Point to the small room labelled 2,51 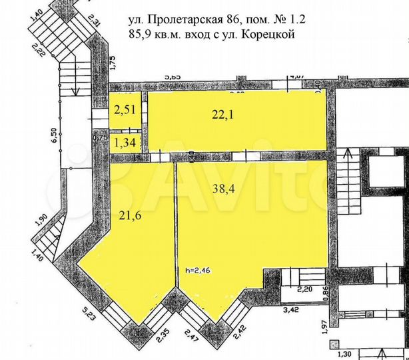coord(125,111)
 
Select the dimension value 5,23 coord(88,311)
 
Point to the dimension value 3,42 coord(292,310)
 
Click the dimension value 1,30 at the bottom coord(344,354)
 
